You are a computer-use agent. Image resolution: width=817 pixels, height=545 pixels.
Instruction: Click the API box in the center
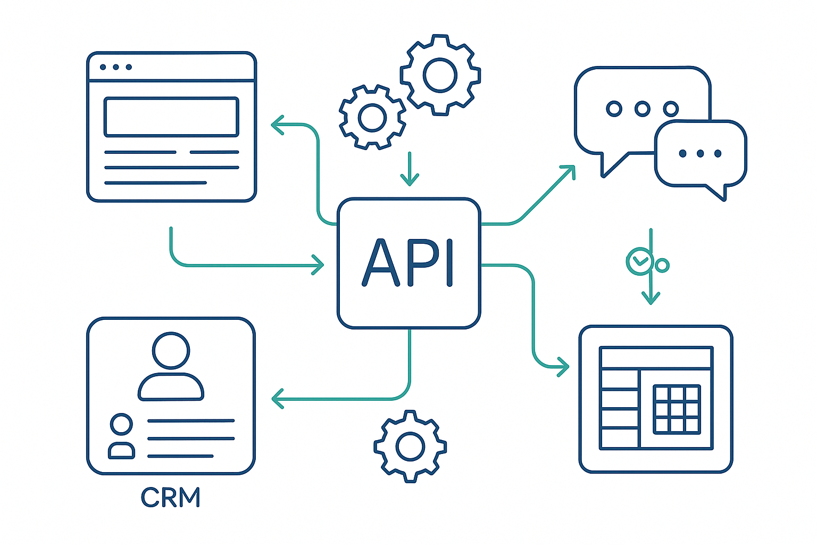408,263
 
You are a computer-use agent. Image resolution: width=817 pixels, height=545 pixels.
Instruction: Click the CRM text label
171,498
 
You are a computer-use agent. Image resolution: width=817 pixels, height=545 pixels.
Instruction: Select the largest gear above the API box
440,75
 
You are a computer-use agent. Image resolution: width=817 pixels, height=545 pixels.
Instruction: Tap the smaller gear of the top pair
372,117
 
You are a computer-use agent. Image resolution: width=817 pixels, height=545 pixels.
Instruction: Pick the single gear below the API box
410,446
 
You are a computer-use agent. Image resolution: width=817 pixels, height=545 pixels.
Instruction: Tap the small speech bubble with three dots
701,154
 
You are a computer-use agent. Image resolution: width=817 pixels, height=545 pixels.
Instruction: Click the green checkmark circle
639,261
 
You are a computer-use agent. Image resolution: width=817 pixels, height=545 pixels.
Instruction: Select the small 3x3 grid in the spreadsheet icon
677,409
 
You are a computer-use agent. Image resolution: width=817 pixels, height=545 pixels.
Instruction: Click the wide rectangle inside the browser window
171,117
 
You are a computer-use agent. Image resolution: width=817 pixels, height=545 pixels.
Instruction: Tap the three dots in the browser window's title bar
115,67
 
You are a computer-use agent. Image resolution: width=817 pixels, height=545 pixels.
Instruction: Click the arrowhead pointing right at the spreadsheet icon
564,366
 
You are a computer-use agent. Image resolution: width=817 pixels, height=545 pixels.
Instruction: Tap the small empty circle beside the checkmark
662,265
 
